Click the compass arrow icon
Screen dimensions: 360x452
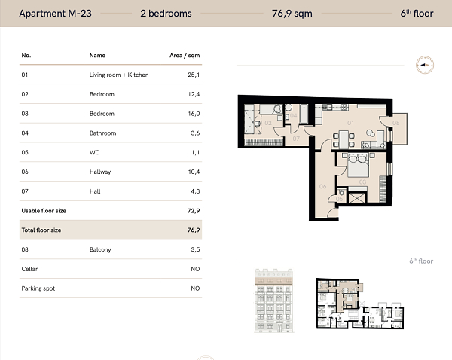point(423,66)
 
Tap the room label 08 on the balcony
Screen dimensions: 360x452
point(395,123)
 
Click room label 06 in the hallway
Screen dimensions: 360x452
point(322,186)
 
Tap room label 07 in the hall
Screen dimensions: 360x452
point(296,139)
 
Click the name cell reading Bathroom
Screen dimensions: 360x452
point(102,133)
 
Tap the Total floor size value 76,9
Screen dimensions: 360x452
point(194,230)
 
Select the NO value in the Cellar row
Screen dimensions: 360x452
point(195,269)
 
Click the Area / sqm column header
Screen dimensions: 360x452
point(185,56)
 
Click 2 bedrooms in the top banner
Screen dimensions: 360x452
point(166,14)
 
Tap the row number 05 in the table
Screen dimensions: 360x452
point(25,153)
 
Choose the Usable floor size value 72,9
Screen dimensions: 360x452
point(194,211)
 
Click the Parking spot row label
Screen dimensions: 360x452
point(38,288)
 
